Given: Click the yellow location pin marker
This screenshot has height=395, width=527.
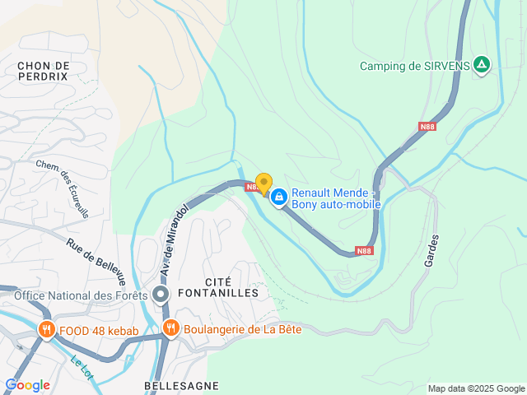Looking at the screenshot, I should point(263,184).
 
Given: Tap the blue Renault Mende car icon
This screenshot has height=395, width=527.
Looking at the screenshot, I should point(279,197).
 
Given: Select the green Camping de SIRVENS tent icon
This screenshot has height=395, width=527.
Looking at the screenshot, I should point(482,66).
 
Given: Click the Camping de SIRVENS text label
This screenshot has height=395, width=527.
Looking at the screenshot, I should point(415,66).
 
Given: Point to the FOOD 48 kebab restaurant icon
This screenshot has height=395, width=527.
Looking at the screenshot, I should point(46,332).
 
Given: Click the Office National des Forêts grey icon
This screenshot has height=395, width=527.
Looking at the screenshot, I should point(161,295).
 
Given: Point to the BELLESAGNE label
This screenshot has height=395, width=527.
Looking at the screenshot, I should point(181,385).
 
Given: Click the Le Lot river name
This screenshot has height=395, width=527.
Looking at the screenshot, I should point(81,368).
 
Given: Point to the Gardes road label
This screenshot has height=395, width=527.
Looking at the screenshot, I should point(431,249).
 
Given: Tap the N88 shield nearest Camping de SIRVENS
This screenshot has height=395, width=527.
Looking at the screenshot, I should point(427,126).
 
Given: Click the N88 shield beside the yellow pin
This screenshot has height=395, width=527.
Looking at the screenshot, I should point(252,188).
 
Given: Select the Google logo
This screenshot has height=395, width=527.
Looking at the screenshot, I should point(27,385).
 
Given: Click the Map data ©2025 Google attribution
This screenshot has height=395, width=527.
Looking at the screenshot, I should point(476,388).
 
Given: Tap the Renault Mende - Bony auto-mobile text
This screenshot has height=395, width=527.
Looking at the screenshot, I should point(336,198).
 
